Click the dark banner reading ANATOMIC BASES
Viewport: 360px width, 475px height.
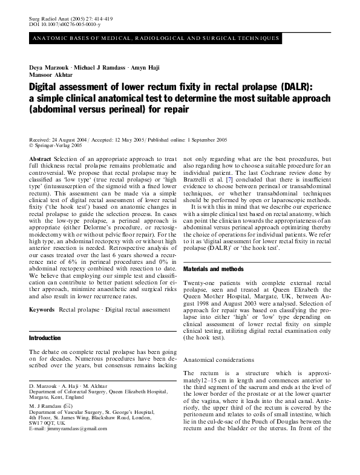point(154,38)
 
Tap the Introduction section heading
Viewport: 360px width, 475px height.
point(45,338)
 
